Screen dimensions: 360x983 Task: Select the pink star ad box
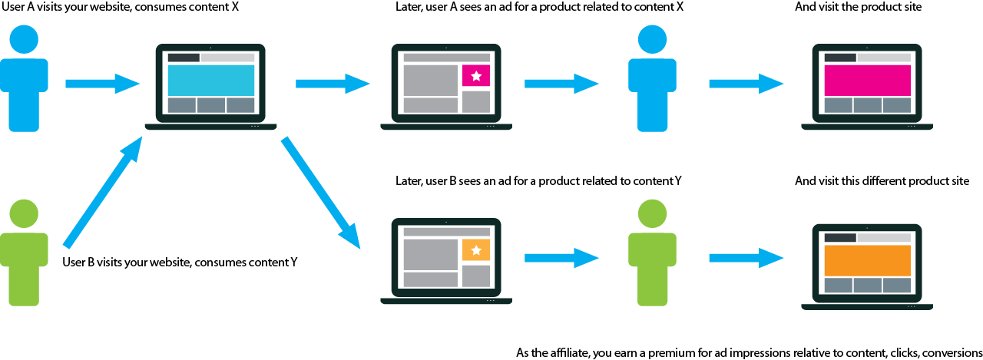coord(476,76)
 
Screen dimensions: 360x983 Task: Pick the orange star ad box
coord(476,250)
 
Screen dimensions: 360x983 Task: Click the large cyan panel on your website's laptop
coord(210,80)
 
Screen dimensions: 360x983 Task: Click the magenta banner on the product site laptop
coord(867,80)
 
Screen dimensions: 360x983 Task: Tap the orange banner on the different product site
coord(867,260)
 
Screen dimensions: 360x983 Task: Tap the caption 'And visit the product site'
coord(858,7)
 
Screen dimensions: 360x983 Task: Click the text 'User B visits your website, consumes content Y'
coord(180,262)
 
